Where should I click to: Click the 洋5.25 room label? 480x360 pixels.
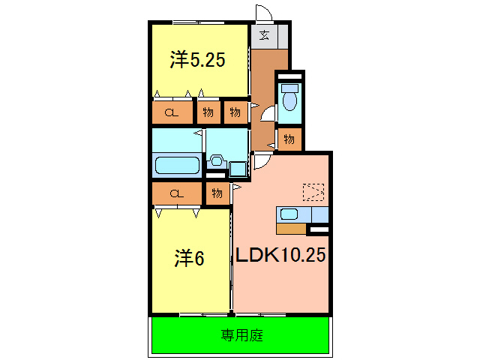198,61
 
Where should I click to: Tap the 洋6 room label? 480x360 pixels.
190,258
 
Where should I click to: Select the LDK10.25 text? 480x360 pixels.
280,255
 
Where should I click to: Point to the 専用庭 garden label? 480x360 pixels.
241,334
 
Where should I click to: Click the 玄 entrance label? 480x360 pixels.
265,34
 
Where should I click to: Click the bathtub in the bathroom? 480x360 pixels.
177,165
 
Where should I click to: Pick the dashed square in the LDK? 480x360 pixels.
313,193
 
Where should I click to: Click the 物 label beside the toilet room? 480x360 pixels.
289,139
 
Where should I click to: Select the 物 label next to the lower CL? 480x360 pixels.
217,193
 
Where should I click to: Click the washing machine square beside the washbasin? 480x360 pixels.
238,167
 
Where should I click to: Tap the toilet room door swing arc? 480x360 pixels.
268,109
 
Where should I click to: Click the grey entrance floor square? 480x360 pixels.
265,34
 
